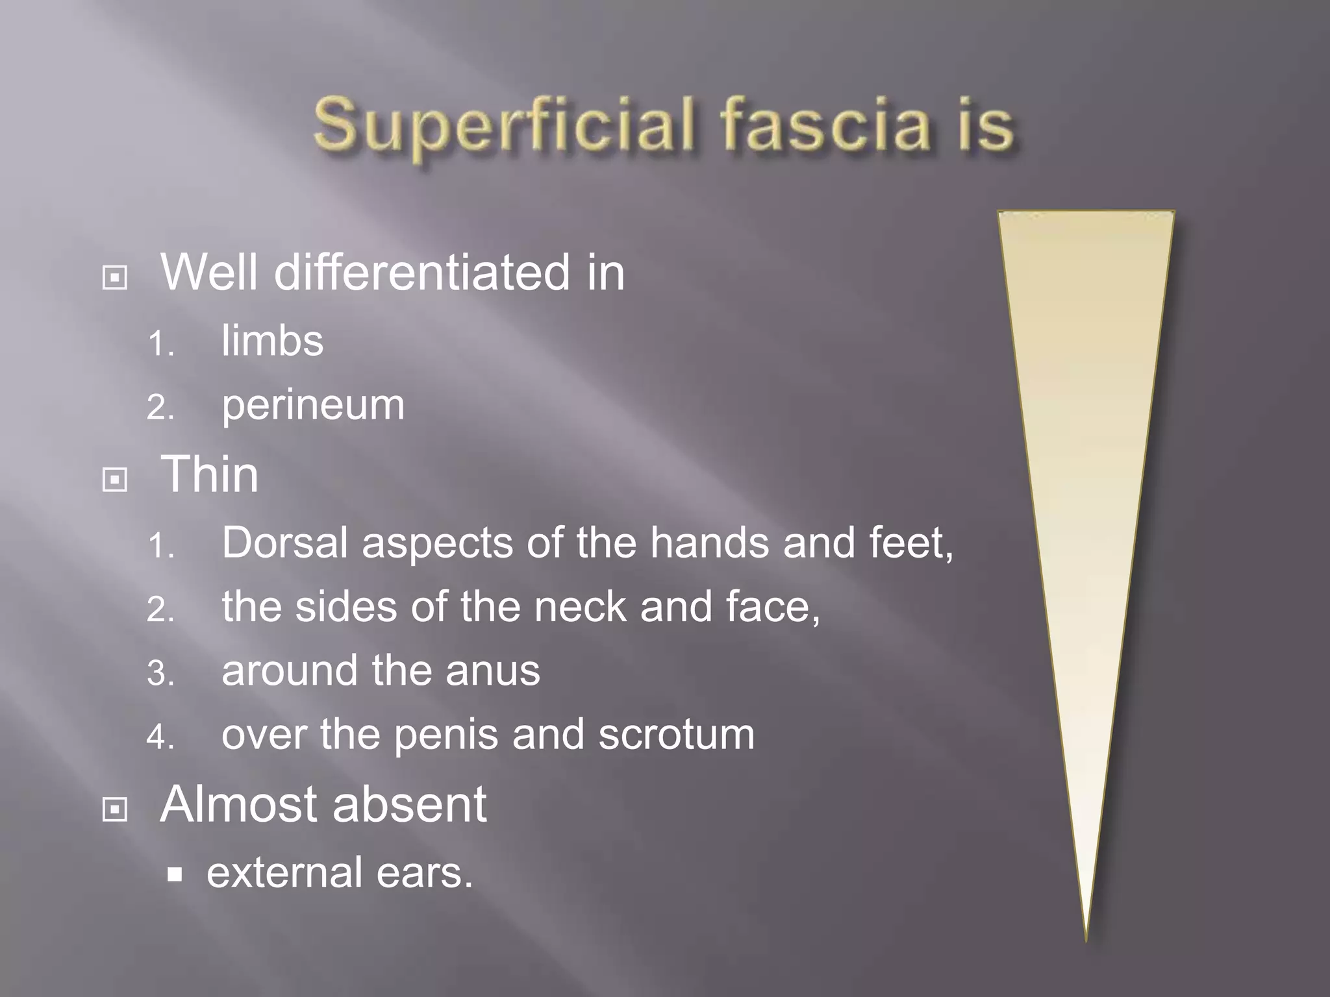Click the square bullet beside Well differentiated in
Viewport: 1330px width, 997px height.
click(115, 278)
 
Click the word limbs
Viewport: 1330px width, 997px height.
click(272, 341)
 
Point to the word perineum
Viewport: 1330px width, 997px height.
click(313, 406)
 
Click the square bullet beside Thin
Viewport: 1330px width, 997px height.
click(115, 480)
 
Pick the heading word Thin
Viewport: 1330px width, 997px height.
click(210, 474)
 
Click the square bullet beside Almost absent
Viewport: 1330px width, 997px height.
click(115, 809)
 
